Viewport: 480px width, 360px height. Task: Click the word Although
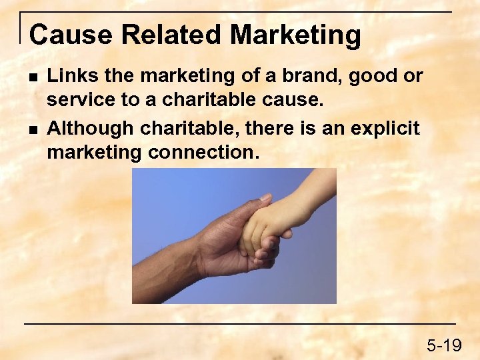click(91, 127)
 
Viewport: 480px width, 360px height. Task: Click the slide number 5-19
click(444, 345)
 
